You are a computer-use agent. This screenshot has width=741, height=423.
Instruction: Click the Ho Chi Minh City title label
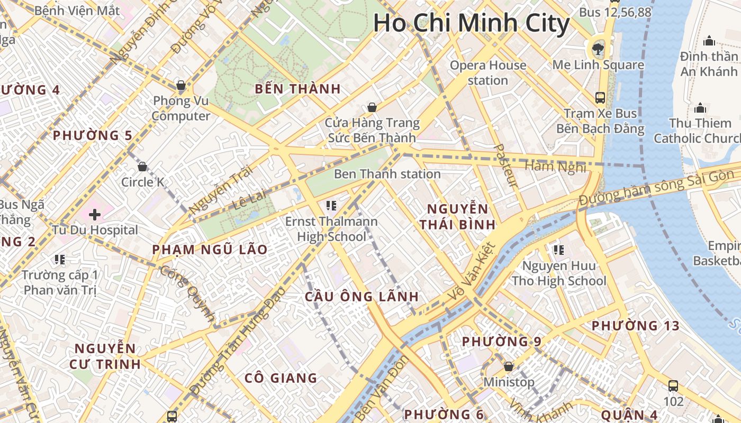[471, 24]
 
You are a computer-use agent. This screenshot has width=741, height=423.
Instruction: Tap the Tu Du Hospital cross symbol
[95, 215]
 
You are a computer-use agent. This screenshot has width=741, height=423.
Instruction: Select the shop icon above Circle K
[142, 167]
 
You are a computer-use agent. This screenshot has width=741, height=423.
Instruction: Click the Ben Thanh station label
[387, 174]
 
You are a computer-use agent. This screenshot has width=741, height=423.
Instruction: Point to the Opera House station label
[487, 73]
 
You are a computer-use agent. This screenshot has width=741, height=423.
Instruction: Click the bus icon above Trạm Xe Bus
[600, 97]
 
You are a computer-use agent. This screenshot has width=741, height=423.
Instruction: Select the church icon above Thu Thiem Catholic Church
[700, 108]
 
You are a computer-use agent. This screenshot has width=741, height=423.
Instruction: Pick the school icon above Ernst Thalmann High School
[331, 205]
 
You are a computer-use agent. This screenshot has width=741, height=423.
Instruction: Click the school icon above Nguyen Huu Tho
[558, 250]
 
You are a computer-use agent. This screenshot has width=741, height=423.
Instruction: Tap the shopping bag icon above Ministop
[509, 366]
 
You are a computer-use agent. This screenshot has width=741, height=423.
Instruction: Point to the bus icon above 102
[673, 385]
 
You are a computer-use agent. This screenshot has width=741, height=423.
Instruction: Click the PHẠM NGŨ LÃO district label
[210, 249]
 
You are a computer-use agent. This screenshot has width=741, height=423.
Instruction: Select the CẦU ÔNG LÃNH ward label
[362, 297]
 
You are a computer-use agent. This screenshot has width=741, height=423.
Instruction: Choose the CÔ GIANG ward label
[281, 378]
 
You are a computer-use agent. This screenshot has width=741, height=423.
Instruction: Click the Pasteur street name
[505, 165]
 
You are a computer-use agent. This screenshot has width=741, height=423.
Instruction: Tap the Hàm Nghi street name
[555, 167]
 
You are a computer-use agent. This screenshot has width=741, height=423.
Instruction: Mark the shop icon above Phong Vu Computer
[181, 85]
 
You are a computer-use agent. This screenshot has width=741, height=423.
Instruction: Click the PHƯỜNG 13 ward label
[635, 326]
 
